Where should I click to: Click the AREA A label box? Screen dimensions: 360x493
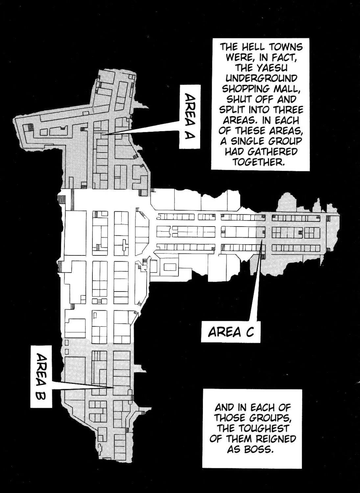190,116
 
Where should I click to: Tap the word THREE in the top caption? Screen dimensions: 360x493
288,110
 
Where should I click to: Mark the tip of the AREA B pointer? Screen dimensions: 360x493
114,388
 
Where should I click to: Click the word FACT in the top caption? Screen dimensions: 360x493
283,58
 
